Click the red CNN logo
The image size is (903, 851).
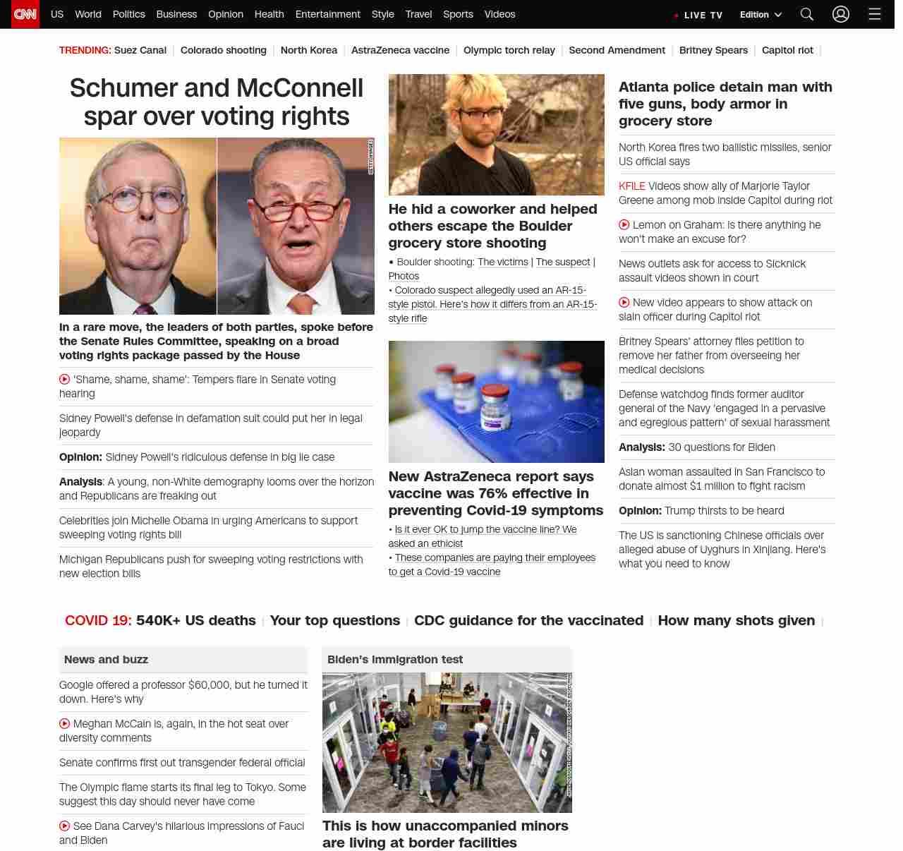[x=25, y=14]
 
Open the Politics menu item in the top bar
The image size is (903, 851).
[x=128, y=14]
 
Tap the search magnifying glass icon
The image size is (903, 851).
[x=807, y=14]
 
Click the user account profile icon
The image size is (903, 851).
[x=840, y=14]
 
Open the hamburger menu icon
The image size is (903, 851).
[x=875, y=14]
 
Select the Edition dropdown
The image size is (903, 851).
[x=760, y=15]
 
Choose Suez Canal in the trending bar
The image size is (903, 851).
[x=140, y=50]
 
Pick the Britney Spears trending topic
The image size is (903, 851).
[x=713, y=50]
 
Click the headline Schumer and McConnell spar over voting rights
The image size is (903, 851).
[x=217, y=102]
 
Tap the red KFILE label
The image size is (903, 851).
[x=631, y=186]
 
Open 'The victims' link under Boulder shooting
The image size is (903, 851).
[x=502, y=262]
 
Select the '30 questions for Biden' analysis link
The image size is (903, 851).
[x=721, y=447]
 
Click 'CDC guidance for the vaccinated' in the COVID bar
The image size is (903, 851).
[x=528, y=620]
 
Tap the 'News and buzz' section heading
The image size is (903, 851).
[x=106, y=660]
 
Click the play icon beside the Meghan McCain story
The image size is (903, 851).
[x=65, y=723]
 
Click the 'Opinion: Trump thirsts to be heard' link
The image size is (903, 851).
[x=701, y=511]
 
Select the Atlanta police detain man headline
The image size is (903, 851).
[x=725, y=104]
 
